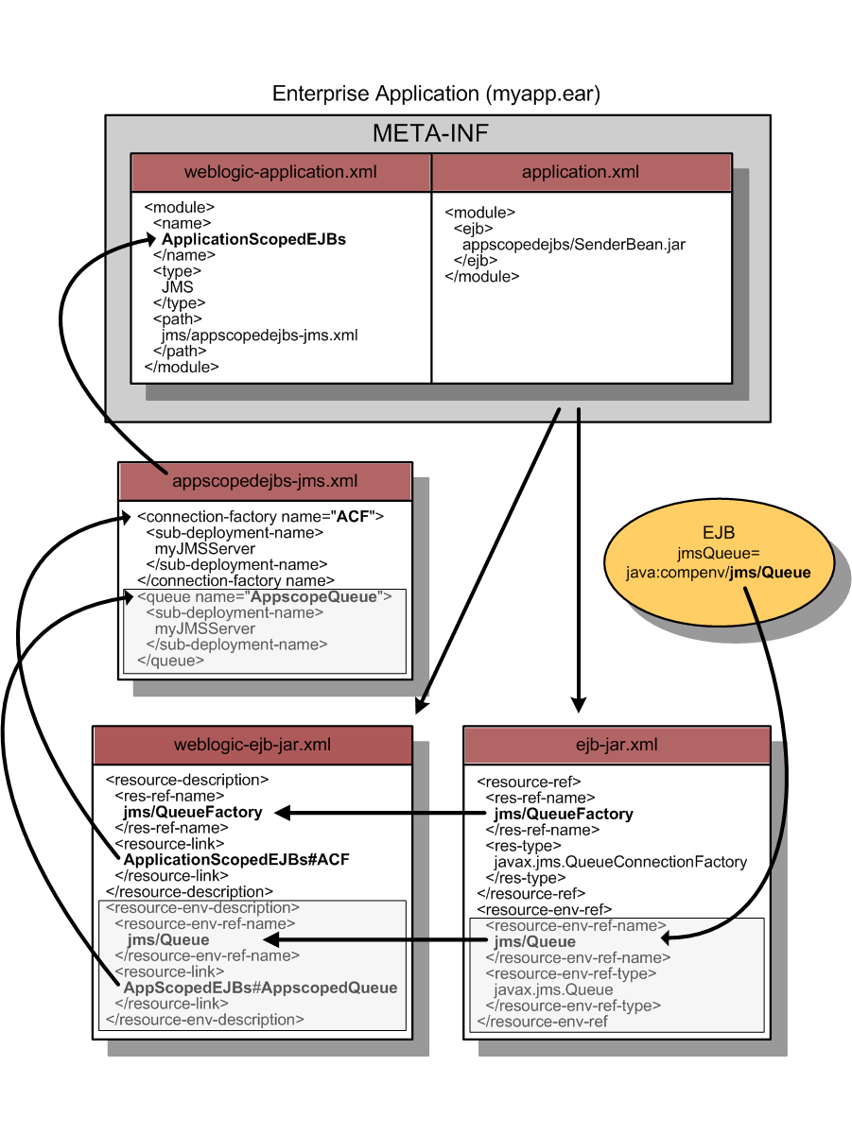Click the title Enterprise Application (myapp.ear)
(435, 94)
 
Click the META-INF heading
(430, 133)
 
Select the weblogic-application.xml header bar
(281, 173)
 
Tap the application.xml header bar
(581, 173)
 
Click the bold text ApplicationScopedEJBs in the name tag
(253, 239)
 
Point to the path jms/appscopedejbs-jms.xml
(259, 335)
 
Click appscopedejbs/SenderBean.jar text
(573, 245)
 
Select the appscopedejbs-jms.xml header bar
(265, 481)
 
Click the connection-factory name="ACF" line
(261, 517)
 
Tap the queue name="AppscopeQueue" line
(265, 597)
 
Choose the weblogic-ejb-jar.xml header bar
(252, 745)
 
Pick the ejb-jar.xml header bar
(617, 745)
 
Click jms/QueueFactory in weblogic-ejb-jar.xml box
(193, 813)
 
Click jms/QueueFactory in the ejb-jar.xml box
(564, 814)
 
